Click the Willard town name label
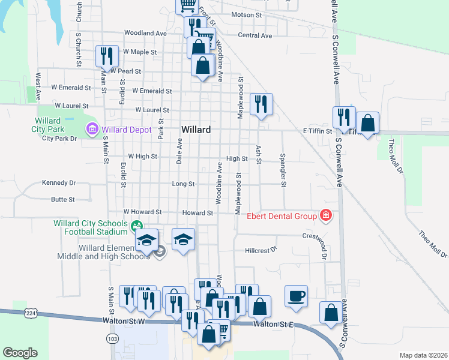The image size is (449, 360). pos(196,130)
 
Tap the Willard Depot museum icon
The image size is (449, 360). pos(92,129)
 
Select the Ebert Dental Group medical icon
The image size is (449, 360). pos(326,215)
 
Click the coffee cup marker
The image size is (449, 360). pos(296,296)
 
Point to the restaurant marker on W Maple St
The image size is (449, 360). pos(107,56)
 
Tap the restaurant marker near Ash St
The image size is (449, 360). pos(261,104)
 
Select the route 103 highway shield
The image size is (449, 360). pos(112,339)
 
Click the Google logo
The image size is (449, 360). pos(20,353)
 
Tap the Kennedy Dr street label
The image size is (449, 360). pos(59,182)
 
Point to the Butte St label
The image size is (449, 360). pos(63,199)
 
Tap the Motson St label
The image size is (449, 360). pos(243,13)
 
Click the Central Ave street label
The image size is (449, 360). pos(255,35)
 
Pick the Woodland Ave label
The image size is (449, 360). pos(145,34)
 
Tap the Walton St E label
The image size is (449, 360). pos(273,324)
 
